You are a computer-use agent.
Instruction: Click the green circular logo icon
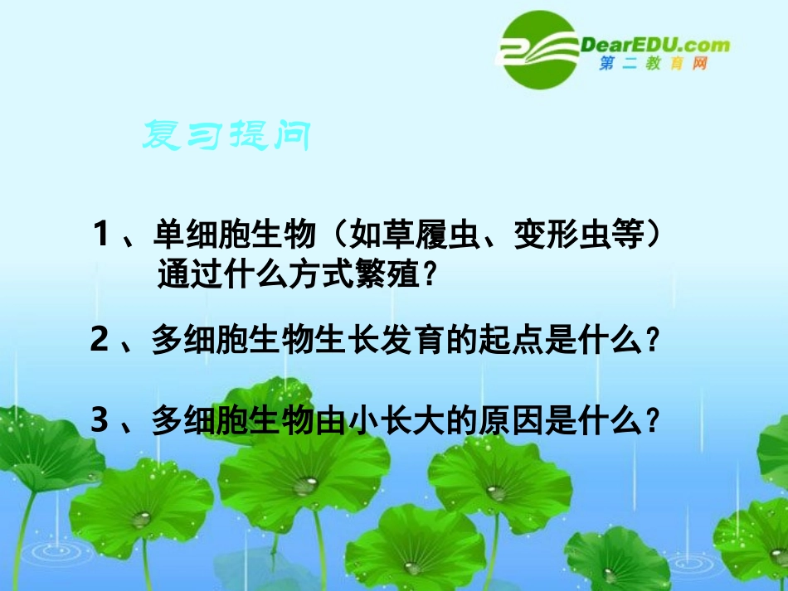coord(539,50)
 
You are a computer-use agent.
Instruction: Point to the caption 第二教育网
coord(653,64)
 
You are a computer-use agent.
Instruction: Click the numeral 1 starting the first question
coord(103,236)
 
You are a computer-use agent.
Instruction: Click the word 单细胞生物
coord(235,236)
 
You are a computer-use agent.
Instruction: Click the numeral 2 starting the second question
coord(100,341)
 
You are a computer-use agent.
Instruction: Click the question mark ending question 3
coord(654,422)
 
